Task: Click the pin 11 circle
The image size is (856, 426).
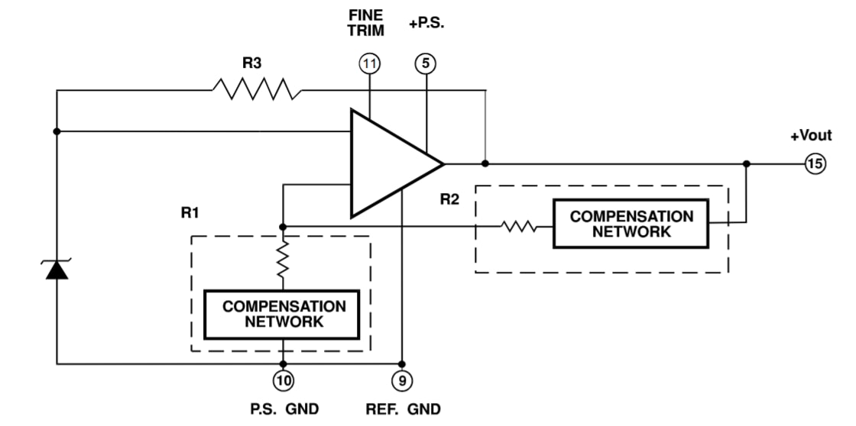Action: click(x=370, y=64)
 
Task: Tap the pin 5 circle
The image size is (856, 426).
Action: click(x=426, y=64)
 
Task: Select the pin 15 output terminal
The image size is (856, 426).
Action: click(x=815, y=163)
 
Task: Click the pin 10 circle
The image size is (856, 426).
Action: click(x=284, y=379)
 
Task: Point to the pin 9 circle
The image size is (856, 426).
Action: click(x=402, y=379)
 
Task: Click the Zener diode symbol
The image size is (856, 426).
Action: click(x=57, y=268)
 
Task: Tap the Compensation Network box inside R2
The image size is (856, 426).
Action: click(x=631, y=224)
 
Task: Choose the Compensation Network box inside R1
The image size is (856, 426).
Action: click(x=284, y=314)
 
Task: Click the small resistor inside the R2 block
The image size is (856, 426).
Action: click(x=518, y=226)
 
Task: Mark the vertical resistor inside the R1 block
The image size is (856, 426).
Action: click(x=284, y=260)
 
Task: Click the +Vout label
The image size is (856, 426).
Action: click(x=810, y=136)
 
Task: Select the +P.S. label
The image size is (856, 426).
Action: click(x=426, y=24)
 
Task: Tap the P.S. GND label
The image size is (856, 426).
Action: click(x=284, y=409)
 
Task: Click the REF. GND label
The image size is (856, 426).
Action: click(x=403, y=409)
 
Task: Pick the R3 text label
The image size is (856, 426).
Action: click(x=251, y=64)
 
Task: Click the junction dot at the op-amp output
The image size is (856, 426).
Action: click(x=485, y=163)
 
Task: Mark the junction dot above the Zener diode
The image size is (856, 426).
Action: click(x=57, y=131)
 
